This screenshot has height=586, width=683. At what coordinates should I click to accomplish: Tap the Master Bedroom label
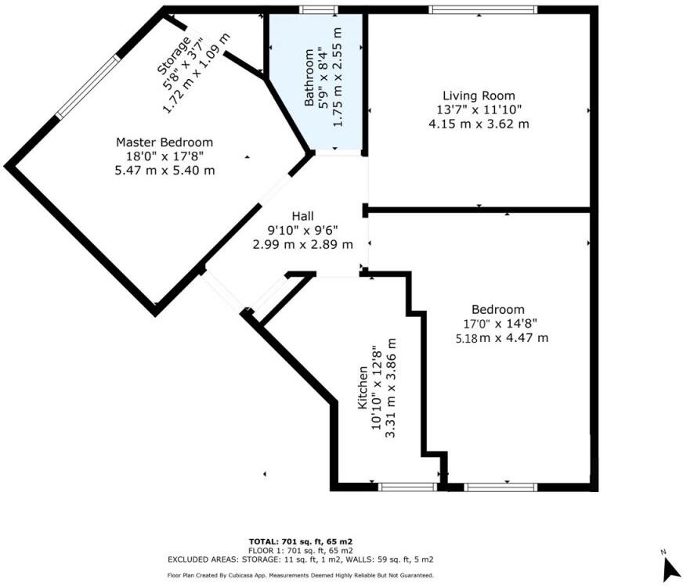(164, 142)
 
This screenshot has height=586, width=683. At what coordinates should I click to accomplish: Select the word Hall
(303, 216)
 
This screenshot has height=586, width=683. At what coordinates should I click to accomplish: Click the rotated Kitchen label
(363, 388)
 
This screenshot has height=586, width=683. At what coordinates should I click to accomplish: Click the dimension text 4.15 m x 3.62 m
(479, 124)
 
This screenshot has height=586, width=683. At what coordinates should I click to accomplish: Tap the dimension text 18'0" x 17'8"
(164, 156)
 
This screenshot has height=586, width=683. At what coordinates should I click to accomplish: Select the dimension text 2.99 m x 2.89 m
(302, 244)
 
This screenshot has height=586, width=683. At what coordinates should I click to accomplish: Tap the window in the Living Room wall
(482, 9)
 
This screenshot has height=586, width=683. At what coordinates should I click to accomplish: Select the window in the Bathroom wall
(319, 9)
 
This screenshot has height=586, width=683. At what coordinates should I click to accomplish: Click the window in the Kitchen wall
(407, 487)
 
